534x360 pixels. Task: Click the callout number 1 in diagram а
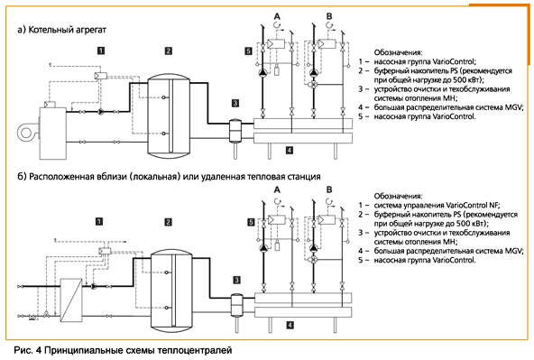(101, 51)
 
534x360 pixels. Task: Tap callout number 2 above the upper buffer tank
(169, 51)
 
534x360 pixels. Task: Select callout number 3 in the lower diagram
(236, 280)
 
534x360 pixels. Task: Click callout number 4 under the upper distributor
(290, 150)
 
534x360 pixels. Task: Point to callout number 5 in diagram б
(251, 222)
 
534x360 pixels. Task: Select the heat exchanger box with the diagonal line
(71, 300)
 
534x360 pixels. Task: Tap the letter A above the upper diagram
(277, 16)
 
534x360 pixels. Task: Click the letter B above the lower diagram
(329, 189)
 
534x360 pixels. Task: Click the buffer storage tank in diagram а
(169, 116)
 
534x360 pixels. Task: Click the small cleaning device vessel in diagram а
(235, 131)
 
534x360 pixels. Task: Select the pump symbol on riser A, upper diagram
(262, 72)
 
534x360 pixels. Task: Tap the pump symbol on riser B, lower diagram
(314, 248)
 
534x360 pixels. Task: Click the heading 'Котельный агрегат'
(67, 30)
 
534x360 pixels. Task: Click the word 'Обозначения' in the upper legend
(398, 52)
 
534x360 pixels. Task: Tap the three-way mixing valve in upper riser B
(313, 84)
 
